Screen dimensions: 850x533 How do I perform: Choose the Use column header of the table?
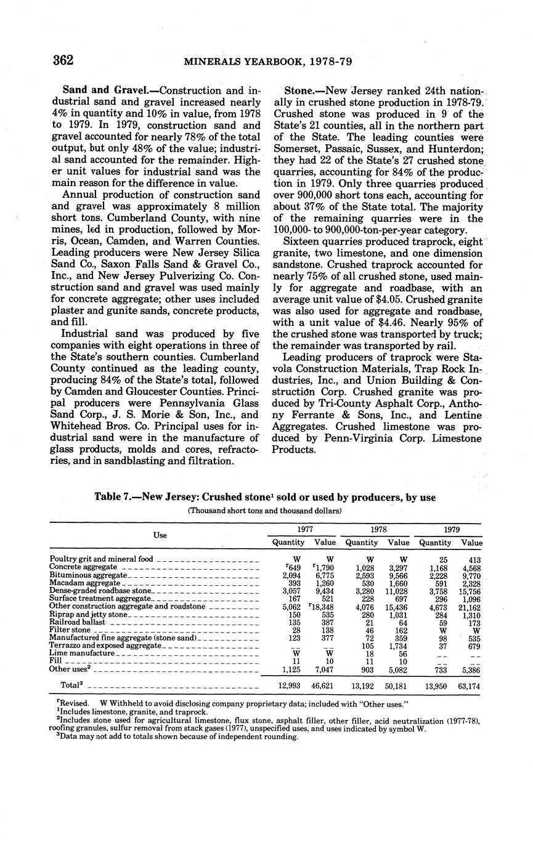160,535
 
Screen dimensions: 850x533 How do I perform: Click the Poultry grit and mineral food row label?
101,559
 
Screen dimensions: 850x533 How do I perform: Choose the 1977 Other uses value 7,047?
325,669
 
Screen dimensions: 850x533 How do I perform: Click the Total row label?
71,684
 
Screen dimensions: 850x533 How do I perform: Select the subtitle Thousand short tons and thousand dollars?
265,511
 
